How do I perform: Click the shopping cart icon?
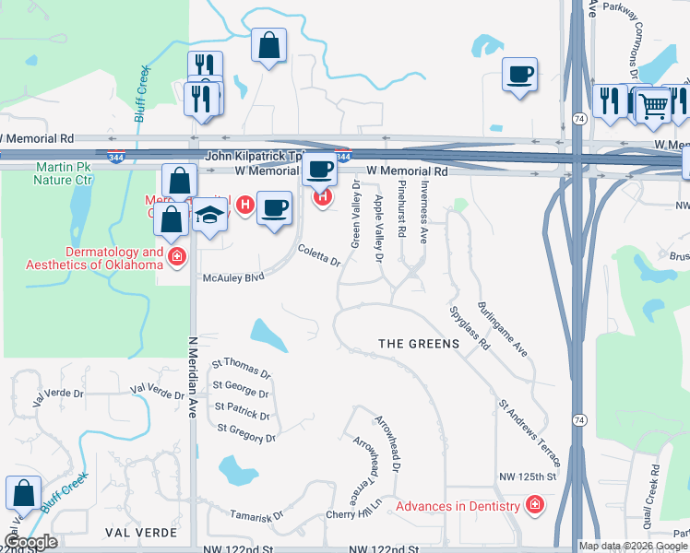coord(653,106)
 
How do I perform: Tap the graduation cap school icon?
coord(210,217)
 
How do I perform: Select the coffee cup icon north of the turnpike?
coord(520,74)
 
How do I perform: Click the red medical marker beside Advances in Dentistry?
coord(534,505)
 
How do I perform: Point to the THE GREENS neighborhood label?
coord(419,344)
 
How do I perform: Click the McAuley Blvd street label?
coord(233,276)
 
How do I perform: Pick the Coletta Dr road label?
coord(319,255)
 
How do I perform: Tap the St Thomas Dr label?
coord(242,369)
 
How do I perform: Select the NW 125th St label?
coord(529,477)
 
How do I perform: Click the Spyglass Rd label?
coord(470,328)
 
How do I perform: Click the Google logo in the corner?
coord(30,542)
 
